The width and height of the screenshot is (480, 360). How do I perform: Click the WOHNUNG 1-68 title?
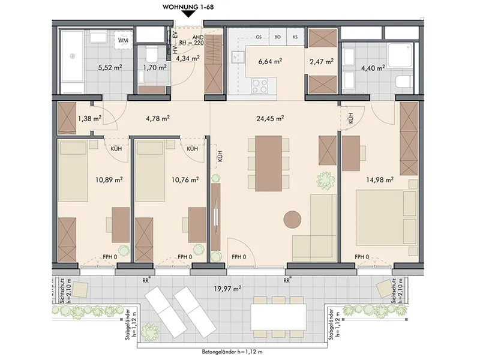tap(188, 7)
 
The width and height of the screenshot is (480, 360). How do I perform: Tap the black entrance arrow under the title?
tap(188, 14)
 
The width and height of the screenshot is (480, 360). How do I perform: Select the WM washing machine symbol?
tap(124, 40)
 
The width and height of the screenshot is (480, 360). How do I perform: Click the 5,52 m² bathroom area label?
tap(110, 67)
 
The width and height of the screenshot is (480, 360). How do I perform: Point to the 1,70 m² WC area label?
tap(155, 67)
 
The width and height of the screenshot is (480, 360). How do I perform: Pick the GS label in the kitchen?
tap(259, 37)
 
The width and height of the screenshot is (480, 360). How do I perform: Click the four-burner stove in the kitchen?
tap(260, 85)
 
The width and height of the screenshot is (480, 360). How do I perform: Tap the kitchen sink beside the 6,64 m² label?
tap(238, 57)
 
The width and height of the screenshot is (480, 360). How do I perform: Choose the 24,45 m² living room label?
tap(270, 118)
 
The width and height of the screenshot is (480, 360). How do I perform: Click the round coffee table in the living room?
tap(292, 219)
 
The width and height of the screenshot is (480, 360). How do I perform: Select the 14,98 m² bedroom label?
tap(380, 179)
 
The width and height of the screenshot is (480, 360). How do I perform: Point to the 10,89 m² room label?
tap(109, 179)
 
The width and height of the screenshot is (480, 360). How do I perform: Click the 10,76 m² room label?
tap(185, 179)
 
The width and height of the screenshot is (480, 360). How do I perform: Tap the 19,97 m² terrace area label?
tap(228, 288)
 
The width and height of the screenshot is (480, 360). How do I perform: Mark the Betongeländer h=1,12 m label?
tap(232, 352)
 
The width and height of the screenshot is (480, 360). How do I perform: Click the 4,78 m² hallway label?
tap(158, 118)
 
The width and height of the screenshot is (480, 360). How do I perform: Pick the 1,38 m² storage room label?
tap(89, 118)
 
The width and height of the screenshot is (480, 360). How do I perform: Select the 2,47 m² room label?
tap(322, 62)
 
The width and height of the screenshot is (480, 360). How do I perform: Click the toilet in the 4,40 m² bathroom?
tap(403, 82)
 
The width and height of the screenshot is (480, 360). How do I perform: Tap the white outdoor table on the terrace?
tap(278, 317)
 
